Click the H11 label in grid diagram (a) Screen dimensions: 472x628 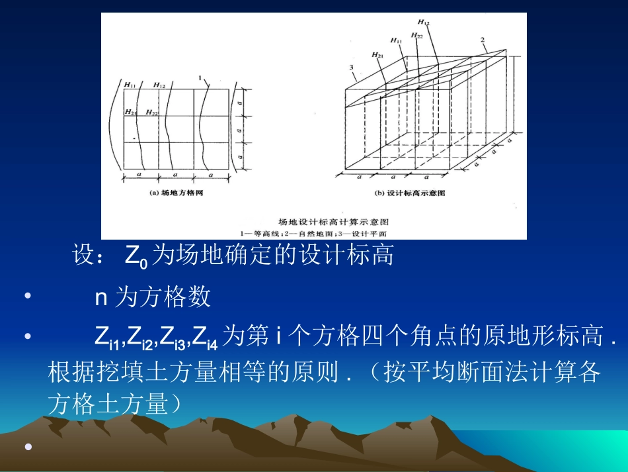[131, 85]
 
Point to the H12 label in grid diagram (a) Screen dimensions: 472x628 [159, 85]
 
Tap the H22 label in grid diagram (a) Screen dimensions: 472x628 [152, 113]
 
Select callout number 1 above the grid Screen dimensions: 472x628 [200, 77]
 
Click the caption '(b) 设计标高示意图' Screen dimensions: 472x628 [410, 193]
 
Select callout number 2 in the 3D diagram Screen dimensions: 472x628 [483, 40]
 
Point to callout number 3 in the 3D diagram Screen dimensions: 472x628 [352, 68]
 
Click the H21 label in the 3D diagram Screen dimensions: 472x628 [377, 54]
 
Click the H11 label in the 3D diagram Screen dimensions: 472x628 [396, 40]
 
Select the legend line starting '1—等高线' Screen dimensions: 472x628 [314, 233]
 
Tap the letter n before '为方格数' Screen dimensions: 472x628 [101, 298]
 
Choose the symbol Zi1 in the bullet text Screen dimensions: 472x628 [108, 338]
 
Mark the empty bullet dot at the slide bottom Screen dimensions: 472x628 [28, 448]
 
